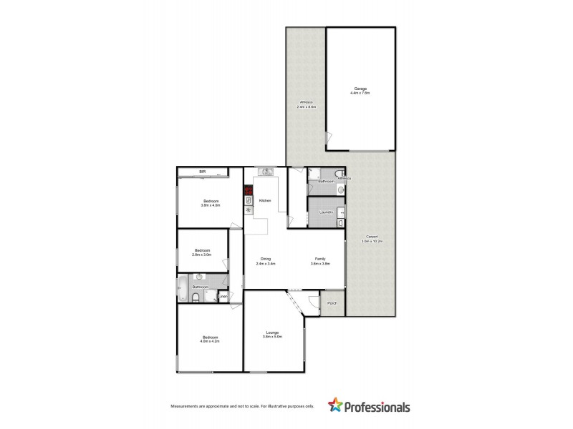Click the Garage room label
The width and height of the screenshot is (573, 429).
(x=360, y=89)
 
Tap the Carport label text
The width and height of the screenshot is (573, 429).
(x=372, y=237)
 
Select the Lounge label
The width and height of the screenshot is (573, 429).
(x=273, y=332)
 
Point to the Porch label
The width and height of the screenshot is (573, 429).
(x=332, y=303)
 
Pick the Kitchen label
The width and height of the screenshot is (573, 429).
(x=264, y=201)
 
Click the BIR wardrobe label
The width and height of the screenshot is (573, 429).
(x=203, y=172)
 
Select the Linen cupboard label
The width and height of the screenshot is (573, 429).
(x=223, y=296)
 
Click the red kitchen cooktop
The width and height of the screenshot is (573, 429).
(x=248, y=191)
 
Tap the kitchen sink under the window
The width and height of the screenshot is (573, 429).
(x=266, y=171)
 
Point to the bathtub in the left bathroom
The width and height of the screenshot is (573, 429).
(x=182, y=290)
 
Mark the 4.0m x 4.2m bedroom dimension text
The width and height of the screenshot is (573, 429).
(x=209, y=341)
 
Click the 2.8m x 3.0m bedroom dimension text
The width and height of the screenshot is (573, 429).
(x=201, y=255)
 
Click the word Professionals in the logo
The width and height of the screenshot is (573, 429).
(x=378, y=408)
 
